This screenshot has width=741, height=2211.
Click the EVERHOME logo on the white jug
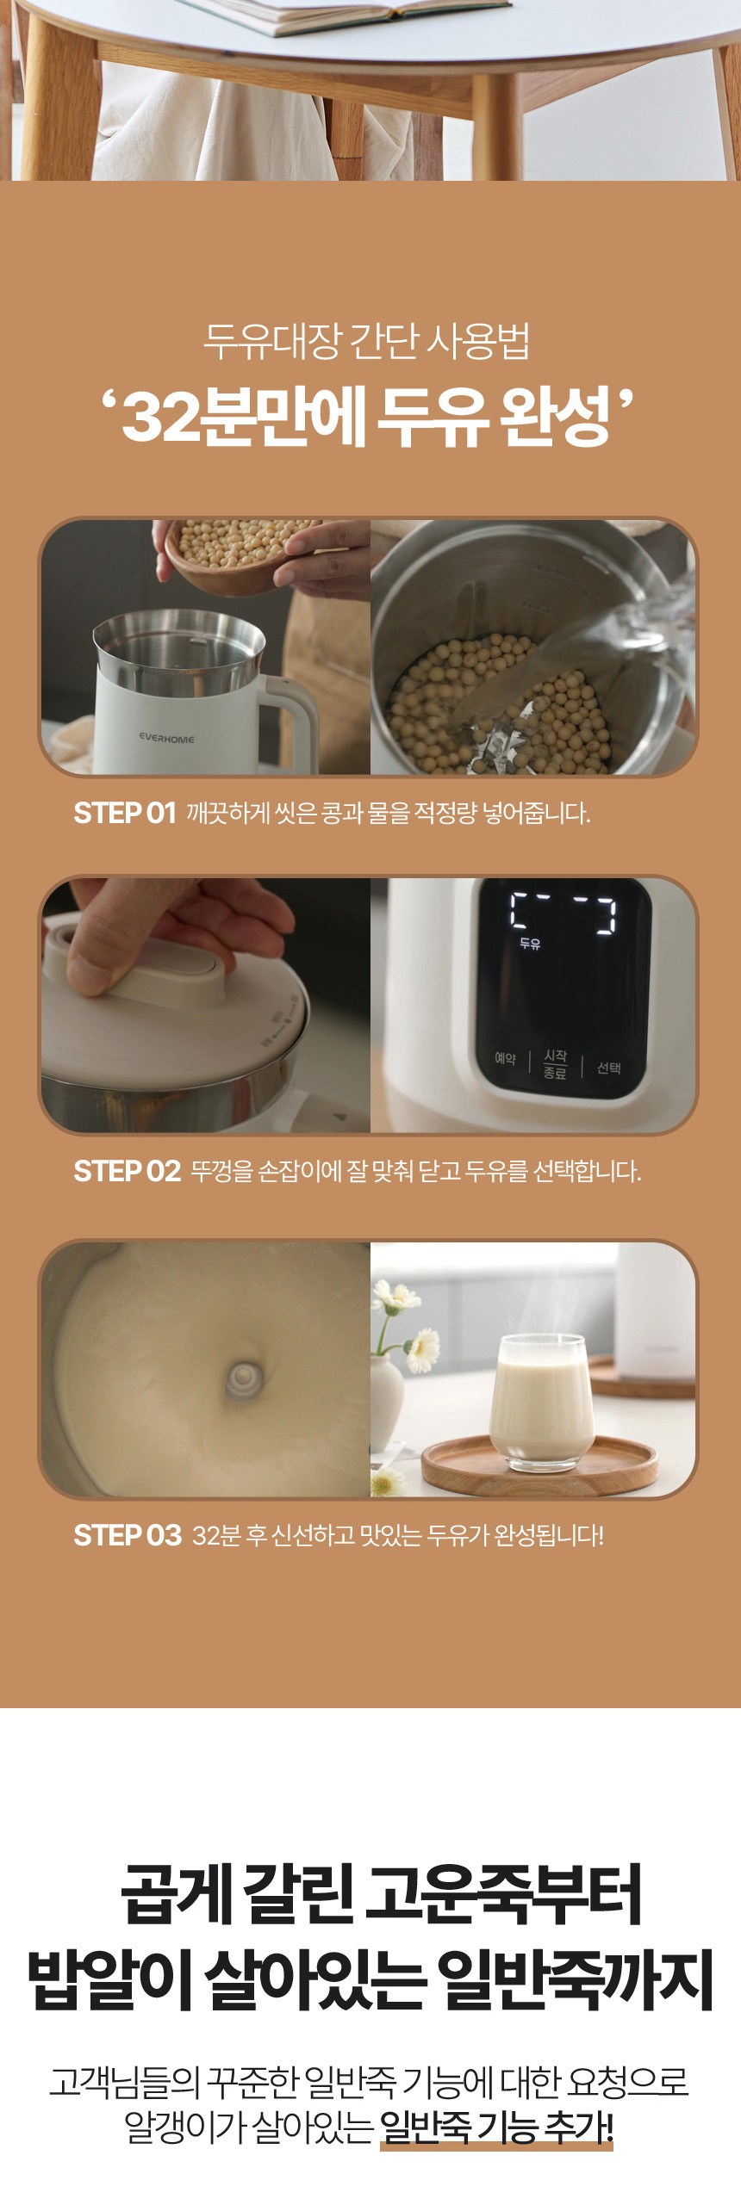click(167, 739)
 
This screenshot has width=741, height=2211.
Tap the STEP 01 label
click(125, 813)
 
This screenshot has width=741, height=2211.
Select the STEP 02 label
click(127, 1171)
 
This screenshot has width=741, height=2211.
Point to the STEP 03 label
click(128, 1535)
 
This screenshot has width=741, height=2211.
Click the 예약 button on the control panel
click(505, 1059)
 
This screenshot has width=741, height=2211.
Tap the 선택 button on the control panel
click(608, 1068)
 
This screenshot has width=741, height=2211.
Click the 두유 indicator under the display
click(530, 944)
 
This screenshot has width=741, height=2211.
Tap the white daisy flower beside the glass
click(423, 1349)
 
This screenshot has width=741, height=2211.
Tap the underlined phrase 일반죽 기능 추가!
click(496, 2127)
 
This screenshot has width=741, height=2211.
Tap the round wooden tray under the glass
click(539, 1463)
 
